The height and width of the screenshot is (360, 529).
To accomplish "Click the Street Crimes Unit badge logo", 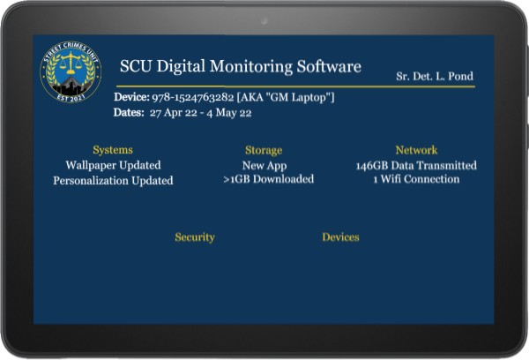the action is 71,71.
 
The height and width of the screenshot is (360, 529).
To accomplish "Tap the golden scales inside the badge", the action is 71,63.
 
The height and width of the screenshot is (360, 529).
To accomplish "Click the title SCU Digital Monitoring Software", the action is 241,66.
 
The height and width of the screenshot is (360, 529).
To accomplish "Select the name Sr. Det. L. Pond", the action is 435,76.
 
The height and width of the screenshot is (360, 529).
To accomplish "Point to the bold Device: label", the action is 131,97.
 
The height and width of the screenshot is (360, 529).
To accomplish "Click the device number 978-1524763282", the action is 192,97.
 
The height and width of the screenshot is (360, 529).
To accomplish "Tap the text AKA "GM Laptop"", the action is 286,97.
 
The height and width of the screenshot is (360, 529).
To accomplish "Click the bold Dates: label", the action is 129,112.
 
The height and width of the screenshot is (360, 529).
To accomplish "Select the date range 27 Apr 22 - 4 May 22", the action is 201,112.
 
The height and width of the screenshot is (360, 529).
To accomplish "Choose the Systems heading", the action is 113,150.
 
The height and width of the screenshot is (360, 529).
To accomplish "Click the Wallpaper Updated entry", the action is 113,165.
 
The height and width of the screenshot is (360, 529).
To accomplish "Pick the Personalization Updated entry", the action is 113,180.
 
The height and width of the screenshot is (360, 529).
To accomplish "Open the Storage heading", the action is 264,150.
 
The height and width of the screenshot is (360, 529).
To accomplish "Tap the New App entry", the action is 264,166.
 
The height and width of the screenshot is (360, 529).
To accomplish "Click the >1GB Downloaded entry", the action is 269,179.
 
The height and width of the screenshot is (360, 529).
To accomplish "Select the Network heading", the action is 416,150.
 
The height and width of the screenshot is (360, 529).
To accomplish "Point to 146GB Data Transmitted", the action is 416,166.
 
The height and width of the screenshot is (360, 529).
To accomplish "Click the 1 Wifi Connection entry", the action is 416,179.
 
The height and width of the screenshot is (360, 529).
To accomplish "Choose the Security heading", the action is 195,237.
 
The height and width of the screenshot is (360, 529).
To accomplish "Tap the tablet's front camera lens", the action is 264,21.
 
